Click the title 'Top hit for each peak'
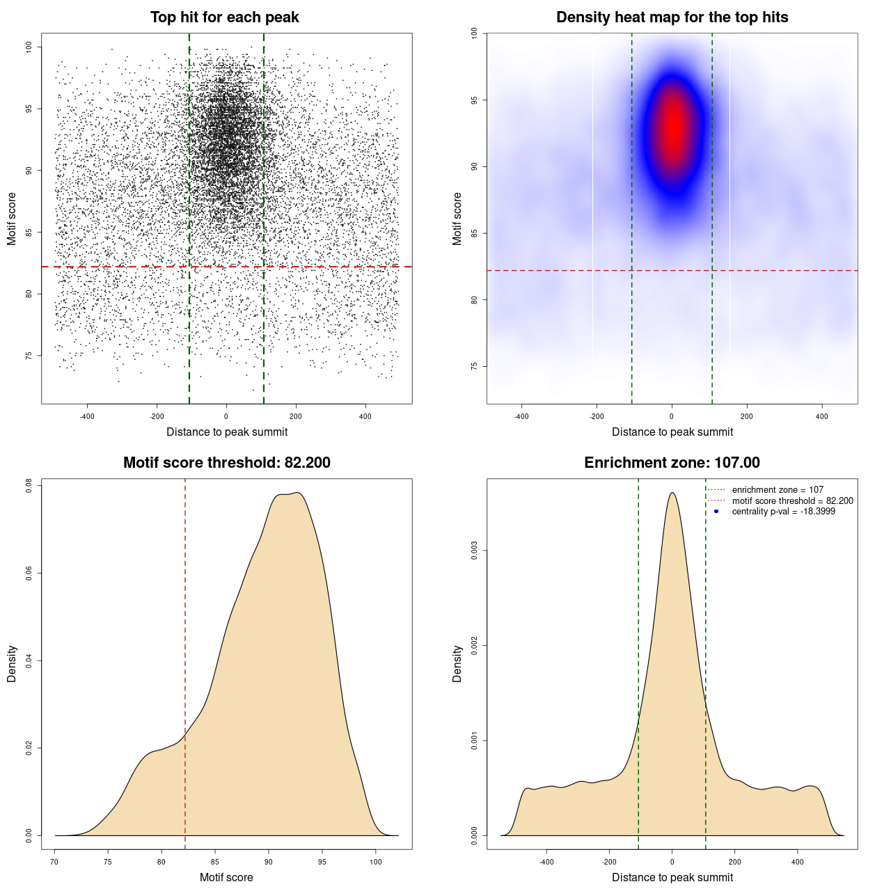click(x=225, y=17)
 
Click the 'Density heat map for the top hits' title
click(x=672, y=17)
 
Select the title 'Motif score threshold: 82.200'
click(x=226, y=463)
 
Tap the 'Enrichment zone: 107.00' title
click(x=672, y=463)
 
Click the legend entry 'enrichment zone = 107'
click(x=778, y=490)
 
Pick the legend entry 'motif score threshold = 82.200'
click(x=792, y=500)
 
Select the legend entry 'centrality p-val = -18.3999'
click(x=783, y=512)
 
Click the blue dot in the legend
click(x=716, y=512)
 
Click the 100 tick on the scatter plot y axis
click(x=29, y=47)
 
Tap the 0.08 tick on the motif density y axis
click(x=29, y=485)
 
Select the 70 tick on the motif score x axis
click(x=54, y=862)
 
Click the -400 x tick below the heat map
click(x=521, y=416)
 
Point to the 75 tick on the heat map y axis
click(x=474, y=366)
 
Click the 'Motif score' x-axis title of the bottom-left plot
click(x=226, y=877)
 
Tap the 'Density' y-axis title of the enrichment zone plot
click(x=457, y=663)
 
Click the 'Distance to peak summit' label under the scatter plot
click(x=227, y=432)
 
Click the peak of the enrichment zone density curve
click(x=672, y=493)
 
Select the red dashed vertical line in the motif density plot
click(x=185, y=661)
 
